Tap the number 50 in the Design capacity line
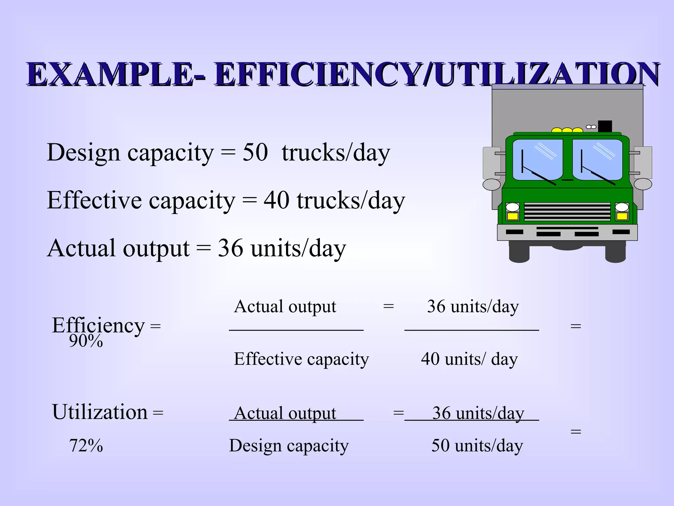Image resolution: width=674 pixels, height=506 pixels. tap(255, 153)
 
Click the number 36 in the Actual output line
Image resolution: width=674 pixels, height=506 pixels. tap(230, 248)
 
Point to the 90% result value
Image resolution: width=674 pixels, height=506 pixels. tap(86, 341)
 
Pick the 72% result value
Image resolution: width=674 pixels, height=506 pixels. tap(86, 446)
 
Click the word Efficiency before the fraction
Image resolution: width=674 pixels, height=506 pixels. tap(98, 325)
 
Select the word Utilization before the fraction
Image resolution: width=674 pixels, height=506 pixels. tap(100, 412)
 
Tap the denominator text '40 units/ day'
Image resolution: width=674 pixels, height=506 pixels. tap(469, 359)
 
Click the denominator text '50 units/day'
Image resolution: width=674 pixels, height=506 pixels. tap(477, 446)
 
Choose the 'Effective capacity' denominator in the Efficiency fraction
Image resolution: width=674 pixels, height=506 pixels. tap(301, 359)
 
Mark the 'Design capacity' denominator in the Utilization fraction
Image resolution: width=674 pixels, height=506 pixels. tap(289, 446)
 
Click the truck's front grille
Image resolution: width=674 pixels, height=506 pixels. tap(567, 212)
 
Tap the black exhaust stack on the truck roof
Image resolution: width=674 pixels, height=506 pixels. tap(605, 126)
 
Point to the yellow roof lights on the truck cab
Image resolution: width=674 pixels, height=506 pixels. tap(567, 130)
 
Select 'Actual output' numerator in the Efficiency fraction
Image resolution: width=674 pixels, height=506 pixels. tap(285, 306)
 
